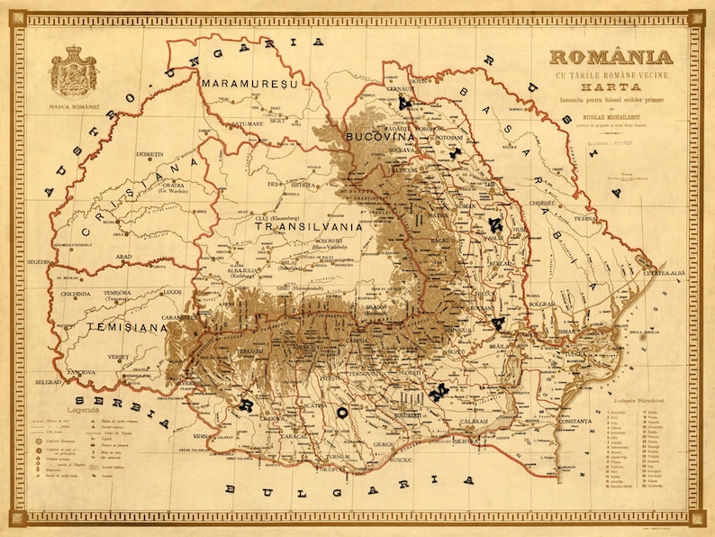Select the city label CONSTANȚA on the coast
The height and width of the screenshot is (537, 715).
point(572,421)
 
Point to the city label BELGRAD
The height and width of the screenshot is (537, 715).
point(47,382)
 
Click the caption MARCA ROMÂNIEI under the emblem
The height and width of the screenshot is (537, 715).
point(75,114)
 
